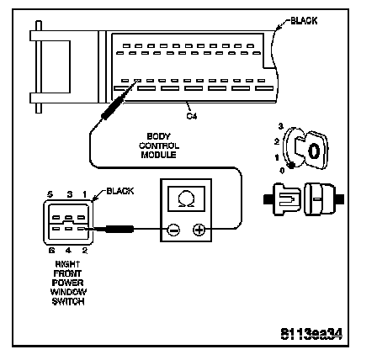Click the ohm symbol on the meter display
click(186, 199)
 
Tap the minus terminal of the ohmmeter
click(173, 230)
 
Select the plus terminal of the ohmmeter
click(199, 230)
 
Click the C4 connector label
click(192, 116)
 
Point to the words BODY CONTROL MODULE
click(159, 146)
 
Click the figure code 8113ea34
click(311, 334)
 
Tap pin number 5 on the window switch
click(50, 194)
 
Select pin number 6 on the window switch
click(51, 250)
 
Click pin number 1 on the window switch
click(84, 194)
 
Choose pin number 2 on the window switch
click(84, 250)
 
